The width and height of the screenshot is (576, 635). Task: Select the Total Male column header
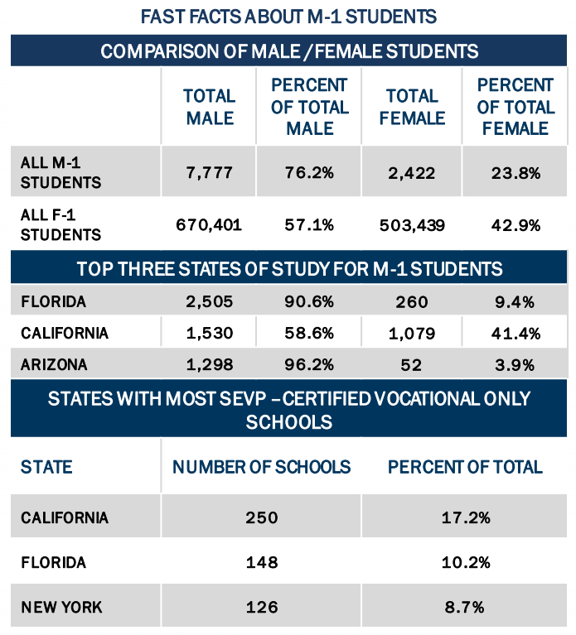coord(210,107)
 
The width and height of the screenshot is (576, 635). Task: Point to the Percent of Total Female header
coord(515,107)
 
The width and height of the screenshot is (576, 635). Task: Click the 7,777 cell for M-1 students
coord(210,173)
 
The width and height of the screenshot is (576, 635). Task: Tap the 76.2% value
coord(310,173)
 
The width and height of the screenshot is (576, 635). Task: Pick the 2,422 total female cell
coord(412,173)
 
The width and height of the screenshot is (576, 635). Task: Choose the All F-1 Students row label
coord(61,224)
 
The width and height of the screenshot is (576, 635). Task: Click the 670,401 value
coord(210,224)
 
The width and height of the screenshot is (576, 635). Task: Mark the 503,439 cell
coord(412,224)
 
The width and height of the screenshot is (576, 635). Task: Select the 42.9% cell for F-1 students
coord(515,224)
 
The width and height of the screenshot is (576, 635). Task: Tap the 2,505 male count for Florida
coord(210,301)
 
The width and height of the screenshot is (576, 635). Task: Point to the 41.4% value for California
coord(515,333)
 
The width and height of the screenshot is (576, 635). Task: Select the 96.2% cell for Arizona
coord(310,364)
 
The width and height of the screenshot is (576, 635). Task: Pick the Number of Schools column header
coord(261,467)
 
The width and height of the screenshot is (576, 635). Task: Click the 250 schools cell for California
coord(261,518)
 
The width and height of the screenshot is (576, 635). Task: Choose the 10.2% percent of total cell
coord(465,562)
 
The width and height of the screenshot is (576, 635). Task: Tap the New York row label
coord(61,607)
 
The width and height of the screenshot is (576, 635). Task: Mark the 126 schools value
coord(261,607)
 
